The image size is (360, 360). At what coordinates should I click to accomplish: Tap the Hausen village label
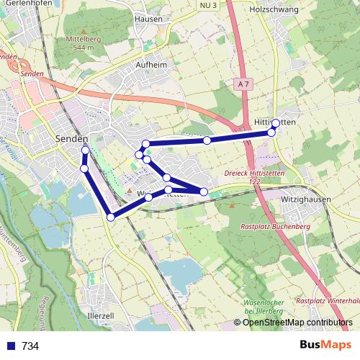click(x=148, y=19)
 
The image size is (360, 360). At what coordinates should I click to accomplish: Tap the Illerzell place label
click(x=101, y=316)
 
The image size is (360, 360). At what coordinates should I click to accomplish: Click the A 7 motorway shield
click(x=244, y=84)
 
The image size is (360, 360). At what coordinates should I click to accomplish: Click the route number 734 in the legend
click(x=30, y=346)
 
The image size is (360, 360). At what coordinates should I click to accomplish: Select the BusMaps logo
click(x=325, y=345)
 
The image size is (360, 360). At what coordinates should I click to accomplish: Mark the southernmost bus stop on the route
click(x=110, y=217)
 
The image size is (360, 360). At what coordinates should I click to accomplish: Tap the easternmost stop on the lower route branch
click(x=204, y=191)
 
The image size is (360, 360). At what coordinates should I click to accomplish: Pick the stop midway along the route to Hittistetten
click(x=207, y=140)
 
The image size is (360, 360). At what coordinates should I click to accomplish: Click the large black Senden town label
click(x=72, y=138)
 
